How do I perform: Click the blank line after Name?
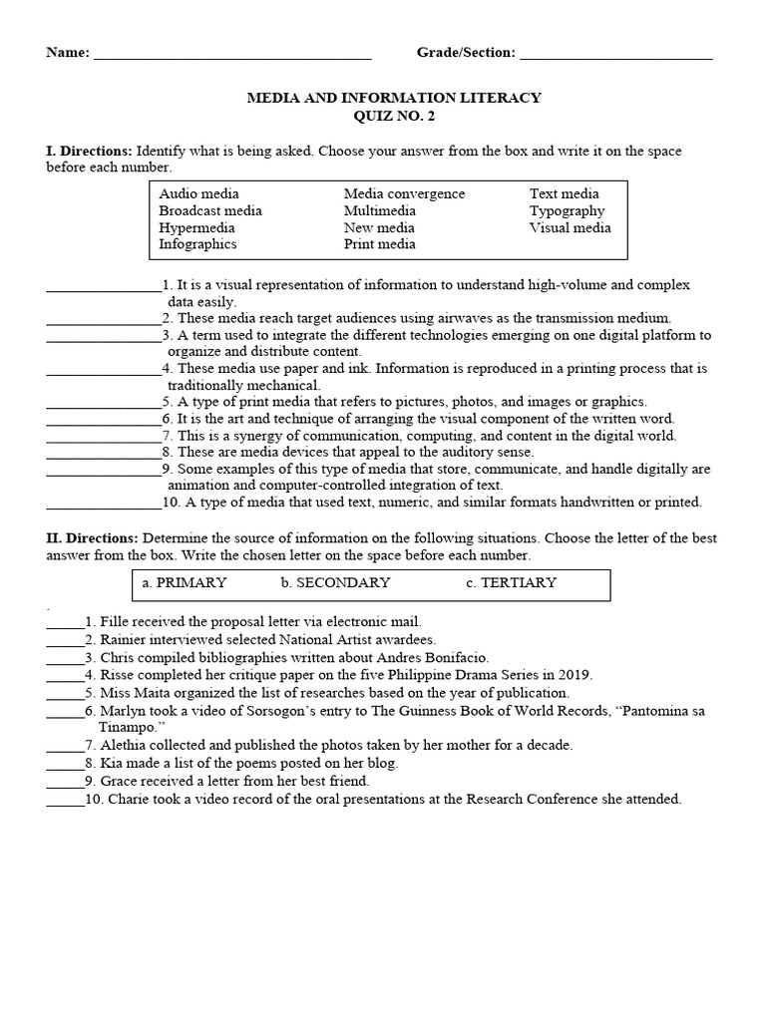[231, 55]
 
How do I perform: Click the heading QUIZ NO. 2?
[394, 116]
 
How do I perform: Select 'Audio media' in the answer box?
[198, 193]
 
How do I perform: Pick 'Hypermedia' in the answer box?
[196, 227]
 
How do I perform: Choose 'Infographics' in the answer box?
[197, 244]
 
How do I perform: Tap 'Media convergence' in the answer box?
[404, 193]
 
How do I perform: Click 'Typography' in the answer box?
[567, 210]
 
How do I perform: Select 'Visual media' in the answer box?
[570, 227]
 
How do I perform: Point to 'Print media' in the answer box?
[379, 244]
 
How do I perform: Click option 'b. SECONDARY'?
[335, 582]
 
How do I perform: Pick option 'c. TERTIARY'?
[511, 582]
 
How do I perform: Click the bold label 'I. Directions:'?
[89, 151]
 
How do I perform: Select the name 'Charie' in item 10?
[129, 799]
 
